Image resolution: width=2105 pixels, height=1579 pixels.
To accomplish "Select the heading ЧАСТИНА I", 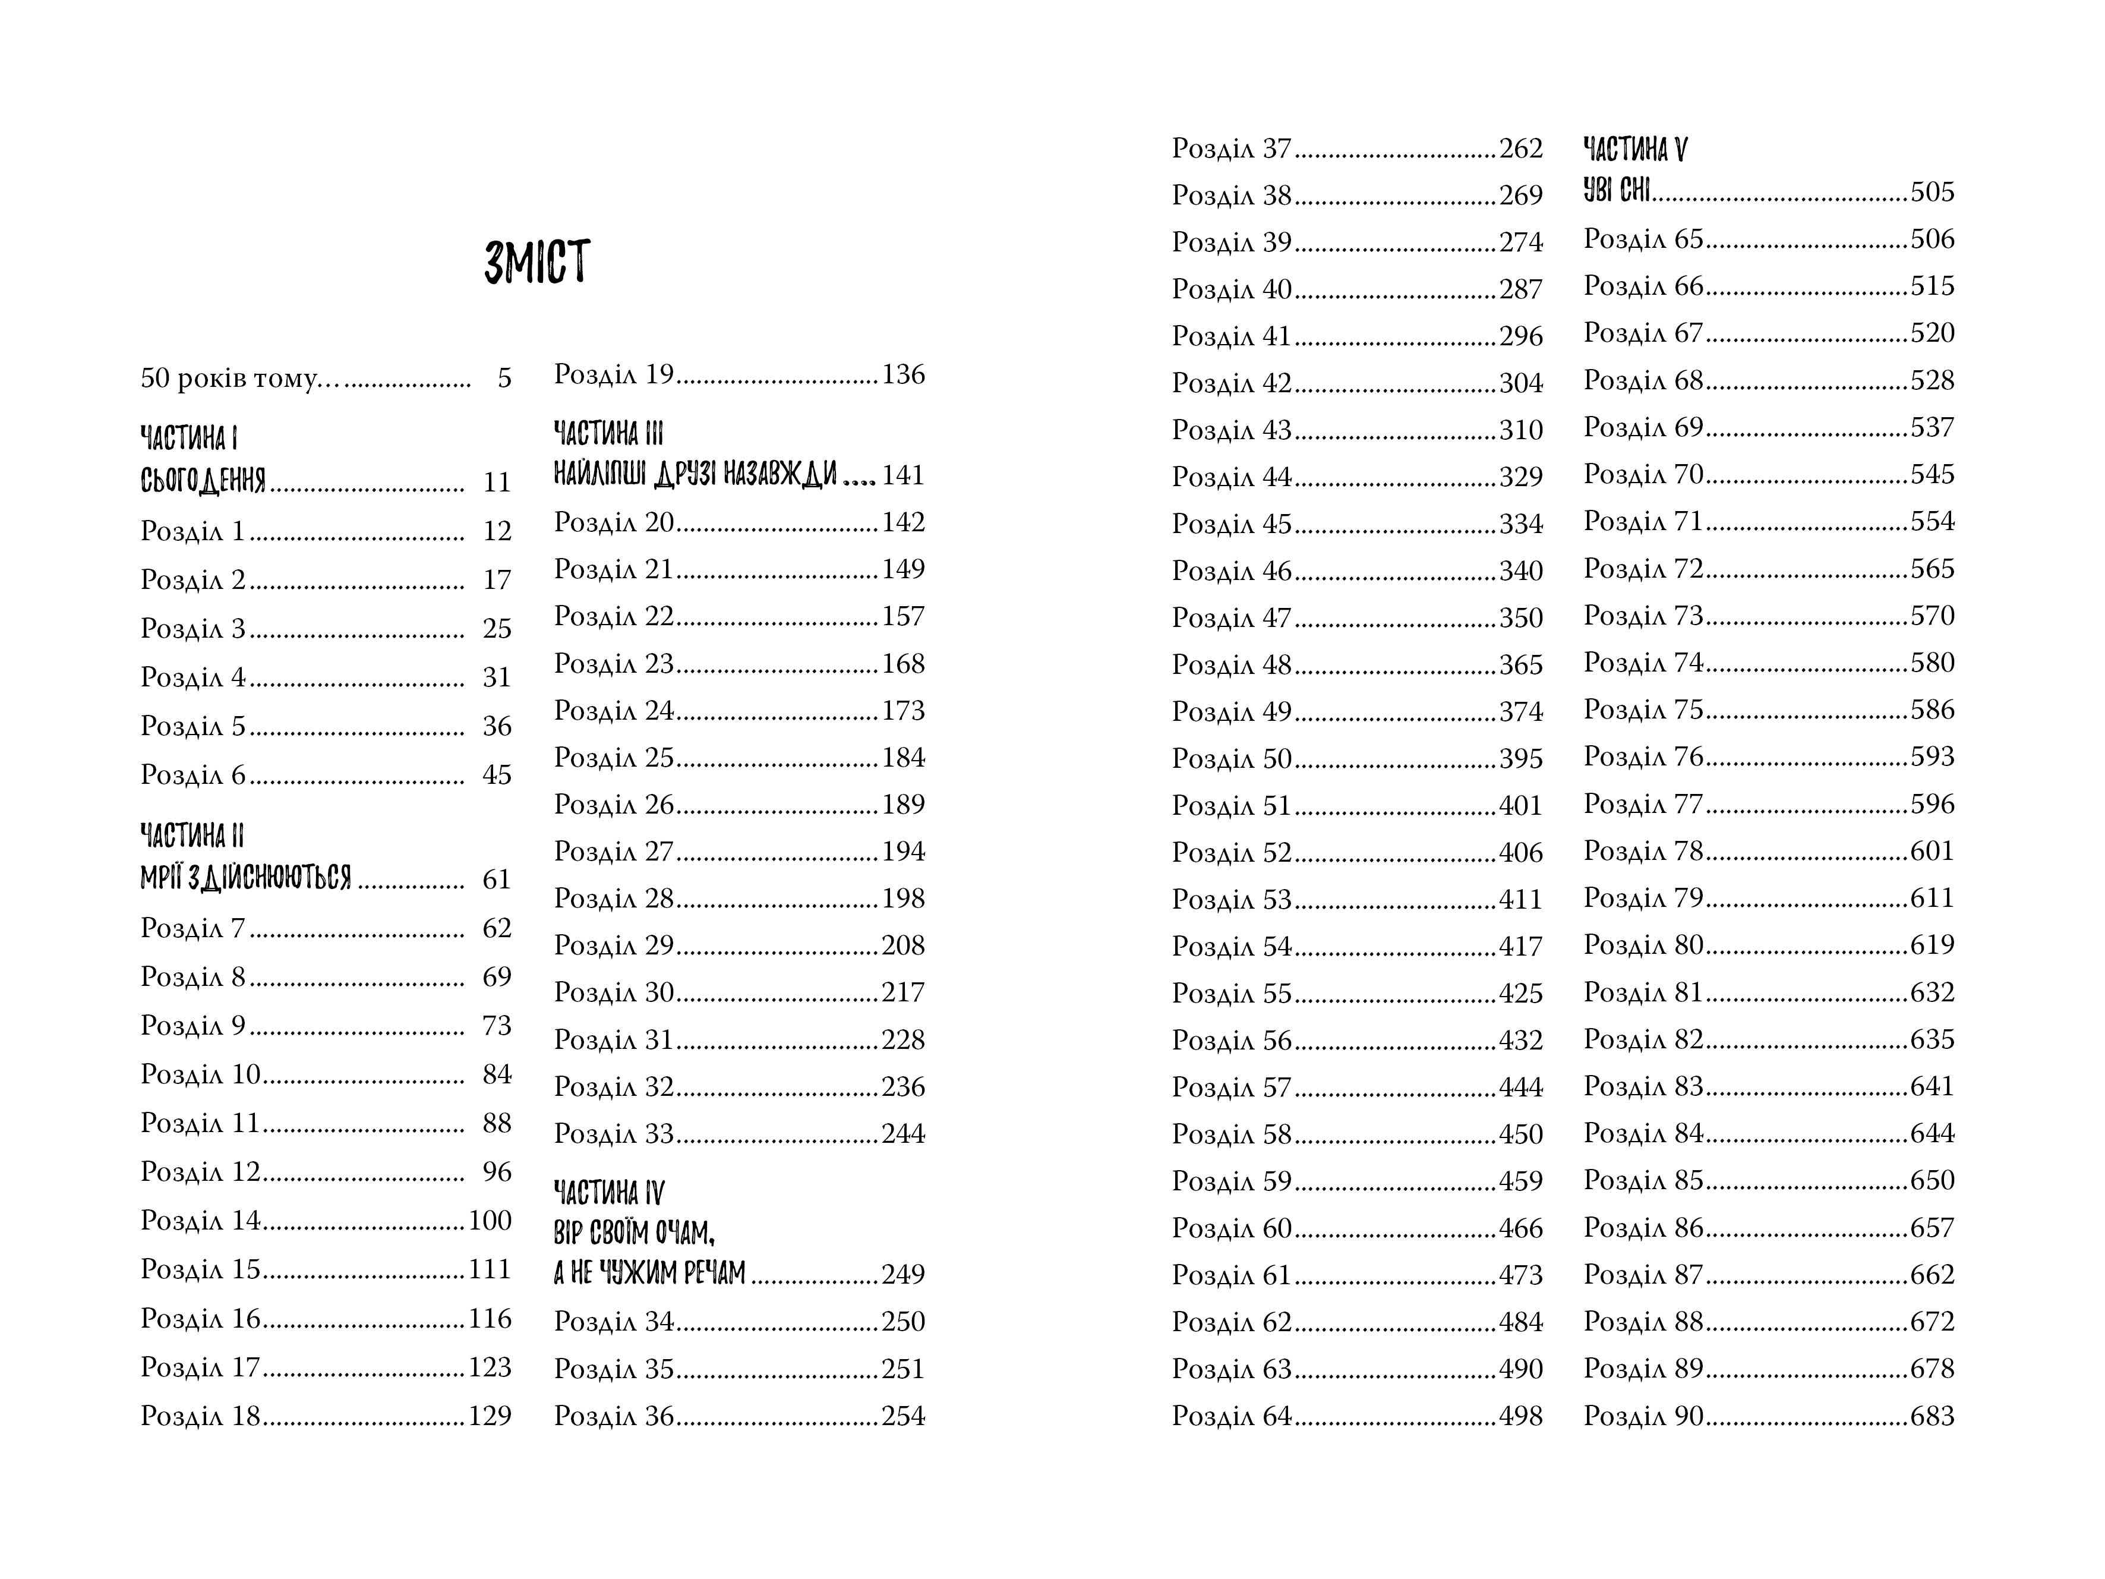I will click(188, 438).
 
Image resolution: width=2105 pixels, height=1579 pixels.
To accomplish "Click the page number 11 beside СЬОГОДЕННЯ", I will click(497, 483).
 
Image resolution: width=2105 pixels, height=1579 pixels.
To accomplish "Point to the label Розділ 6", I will click(193, 775).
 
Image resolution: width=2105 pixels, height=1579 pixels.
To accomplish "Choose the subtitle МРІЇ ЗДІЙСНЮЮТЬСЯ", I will click(245, 878).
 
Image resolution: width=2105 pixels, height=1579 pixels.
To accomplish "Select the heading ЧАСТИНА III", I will click(608, 433).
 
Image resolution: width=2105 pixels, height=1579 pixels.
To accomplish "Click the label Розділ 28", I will click(614, 899).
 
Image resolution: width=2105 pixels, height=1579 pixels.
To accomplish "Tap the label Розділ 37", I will click(1232, 149).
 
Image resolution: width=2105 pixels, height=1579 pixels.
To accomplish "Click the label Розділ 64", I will click(1232, 1416).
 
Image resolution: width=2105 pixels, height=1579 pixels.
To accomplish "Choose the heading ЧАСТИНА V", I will click(1635, 149).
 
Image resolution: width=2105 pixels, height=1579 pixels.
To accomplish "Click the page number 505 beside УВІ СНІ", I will click(1932, 193).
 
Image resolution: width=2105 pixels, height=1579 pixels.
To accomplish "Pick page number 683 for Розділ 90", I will click(1932, 1416).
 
